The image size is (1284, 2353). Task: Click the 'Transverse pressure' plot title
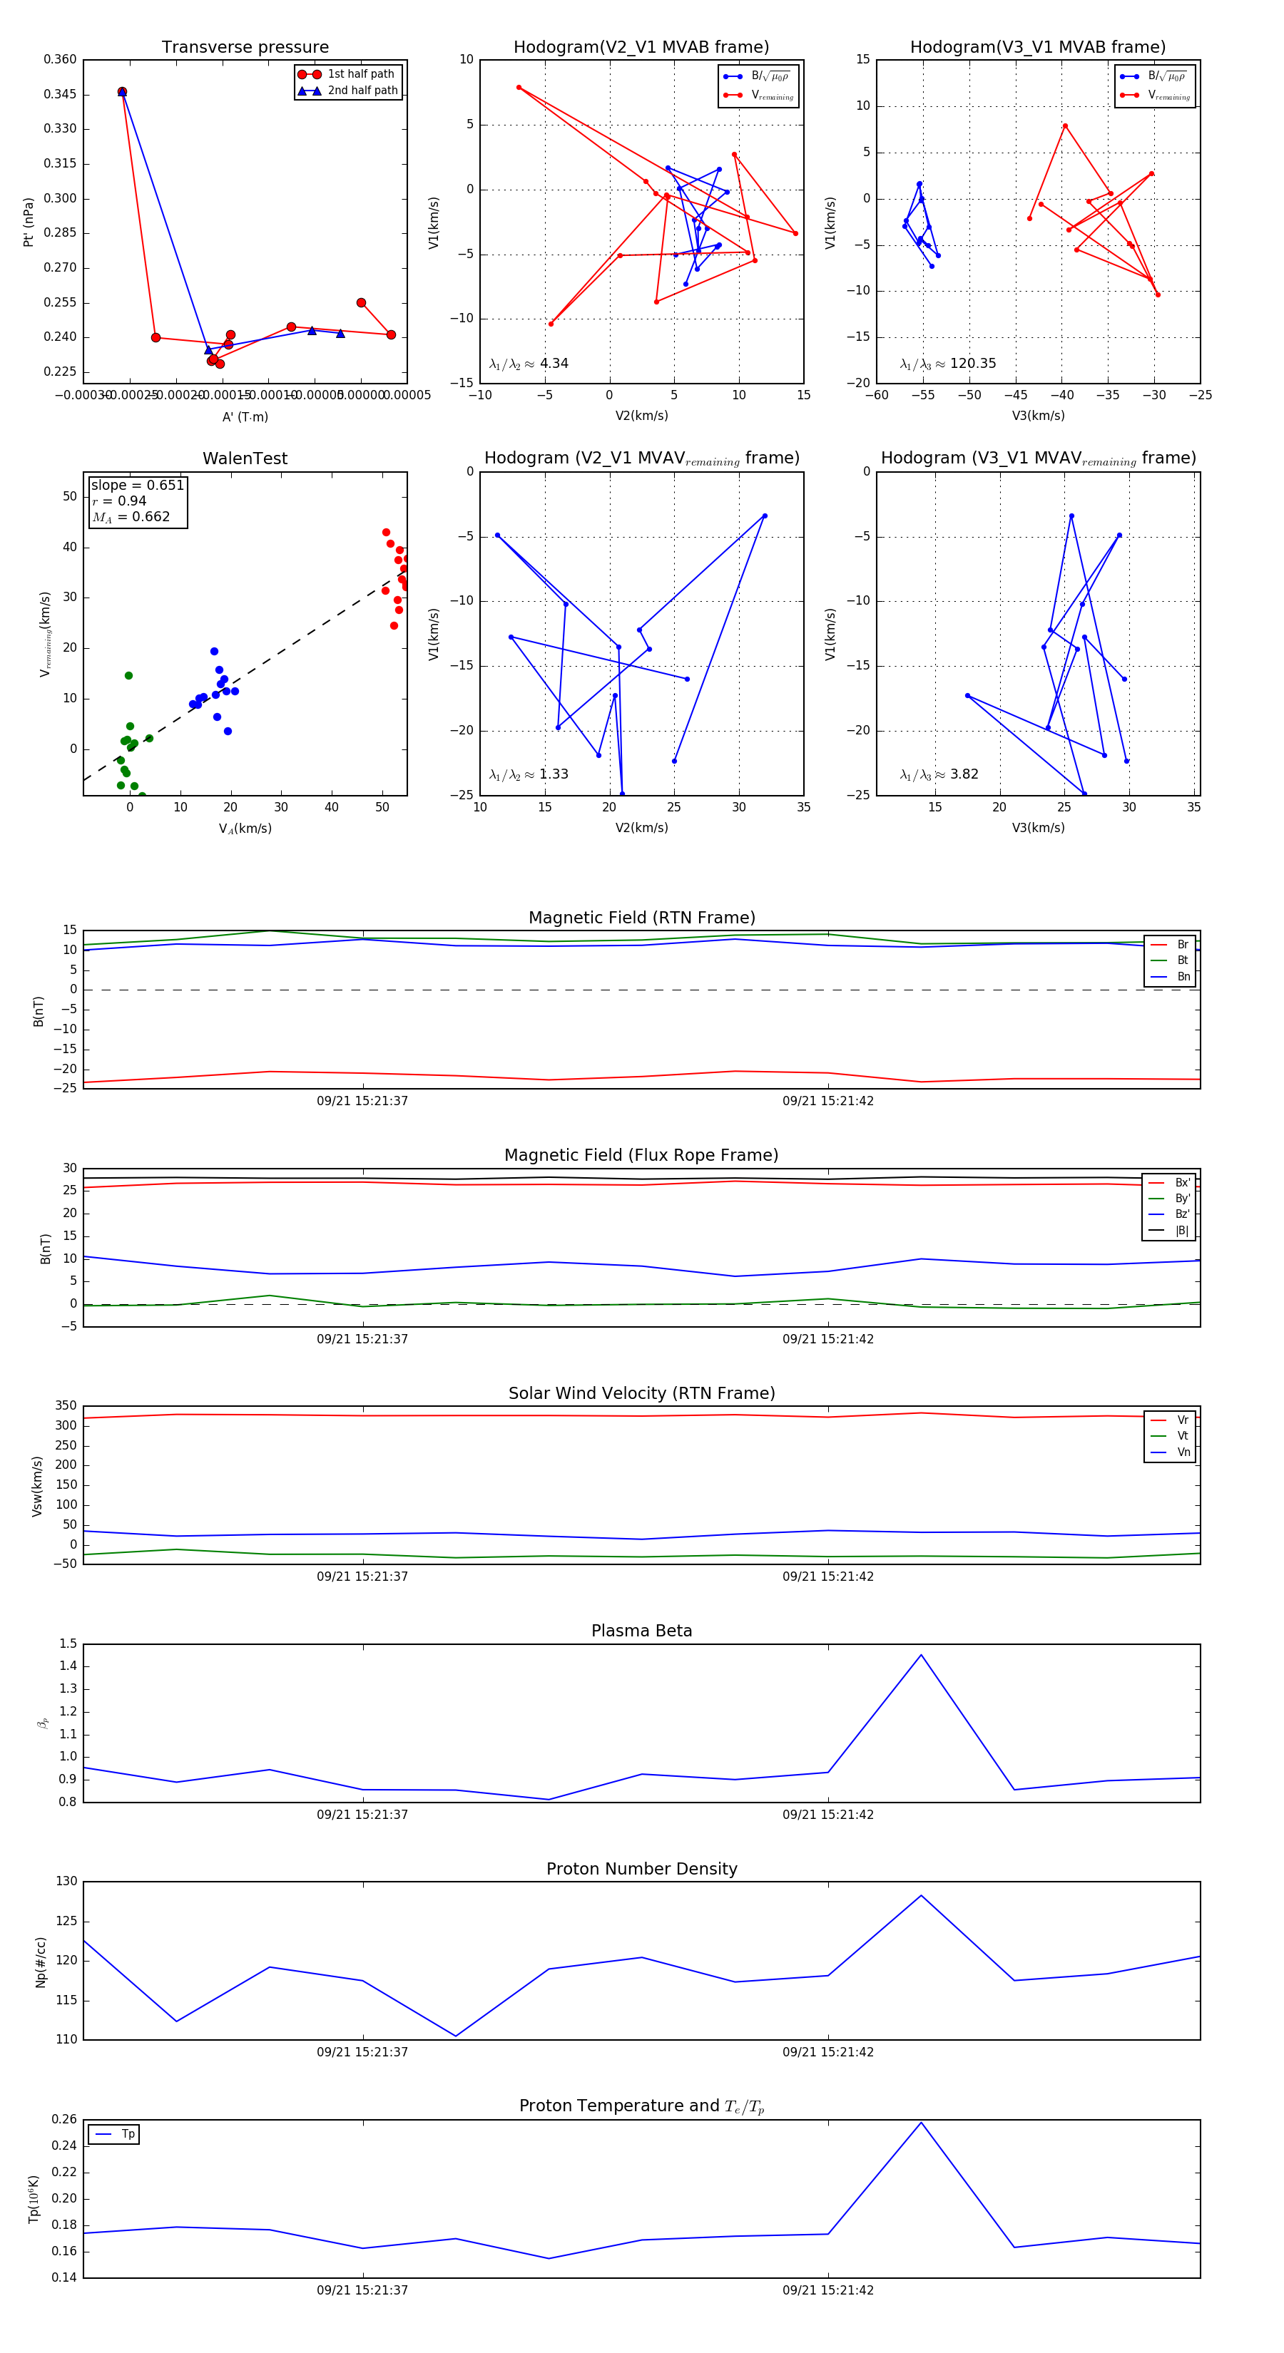click(x=245, y=48)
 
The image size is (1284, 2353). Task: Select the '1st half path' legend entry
click(x=360, y=74)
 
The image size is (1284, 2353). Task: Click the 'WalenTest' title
click(x=245, y=458)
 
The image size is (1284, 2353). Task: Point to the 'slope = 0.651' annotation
click(x=137, y=485)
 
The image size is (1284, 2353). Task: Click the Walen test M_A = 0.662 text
click(x=131, y=517)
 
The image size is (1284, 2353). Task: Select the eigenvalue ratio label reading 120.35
click(x=948, y=364)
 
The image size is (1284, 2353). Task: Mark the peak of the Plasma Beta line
click(x=920, y=1655)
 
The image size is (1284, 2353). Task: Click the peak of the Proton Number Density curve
click(x=920, y=1895)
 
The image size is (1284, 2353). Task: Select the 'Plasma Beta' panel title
click(x=641, y=1631)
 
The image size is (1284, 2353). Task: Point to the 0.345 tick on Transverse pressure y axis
click(x=61, y=94)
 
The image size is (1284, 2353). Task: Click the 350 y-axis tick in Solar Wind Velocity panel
click(x=66, y=1406)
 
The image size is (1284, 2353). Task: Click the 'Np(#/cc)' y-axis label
click(x=40, y=1962)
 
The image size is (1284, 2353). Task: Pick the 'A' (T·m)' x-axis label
click(x=245, y=416)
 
